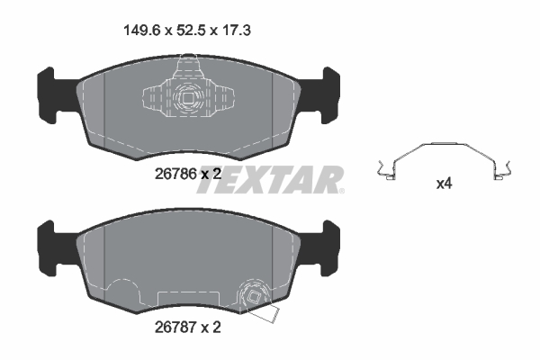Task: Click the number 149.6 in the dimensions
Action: [x=138, y=31]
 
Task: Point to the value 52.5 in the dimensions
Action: [x=187, y=31]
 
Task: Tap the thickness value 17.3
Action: [x=234, y=31]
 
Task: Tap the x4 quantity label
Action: [x=444, y=184]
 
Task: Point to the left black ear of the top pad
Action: [x=52, y=92]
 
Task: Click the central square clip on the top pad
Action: [x=189, y=100]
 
